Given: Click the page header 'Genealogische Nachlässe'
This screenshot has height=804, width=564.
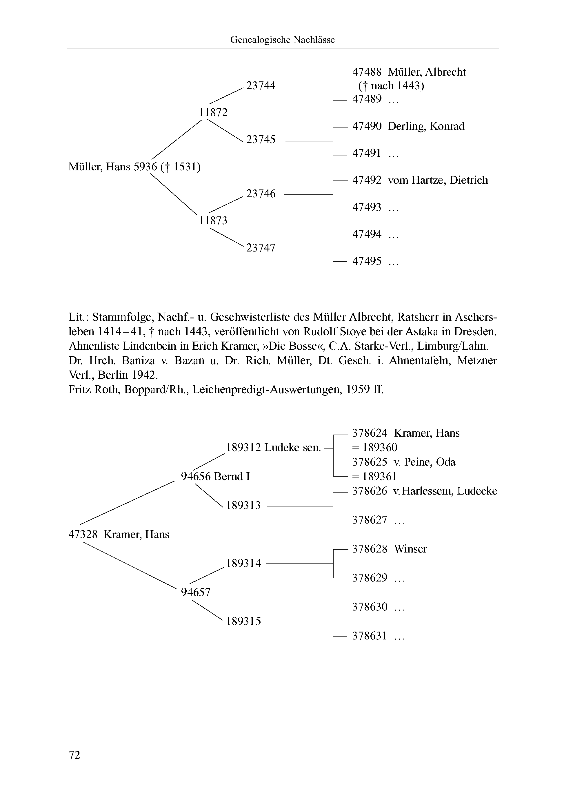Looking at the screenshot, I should (x=282, y=40).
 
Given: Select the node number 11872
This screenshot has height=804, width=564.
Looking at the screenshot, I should (x=213, y=112).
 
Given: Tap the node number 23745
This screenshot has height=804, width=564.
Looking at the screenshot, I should (x=261, y=140).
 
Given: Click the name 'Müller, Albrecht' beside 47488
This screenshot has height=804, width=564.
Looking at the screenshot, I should (x=427, y=72).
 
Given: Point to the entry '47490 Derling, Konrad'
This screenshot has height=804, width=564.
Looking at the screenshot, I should (x=408, y=126).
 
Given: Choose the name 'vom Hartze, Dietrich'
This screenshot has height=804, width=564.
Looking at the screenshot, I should (x=438, y=180).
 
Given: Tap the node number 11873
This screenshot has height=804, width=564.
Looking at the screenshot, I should (x=213, y=220).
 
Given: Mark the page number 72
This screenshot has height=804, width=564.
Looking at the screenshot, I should (x=74, y=755).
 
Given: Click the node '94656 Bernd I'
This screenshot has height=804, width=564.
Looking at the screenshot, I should (x=215, y=476).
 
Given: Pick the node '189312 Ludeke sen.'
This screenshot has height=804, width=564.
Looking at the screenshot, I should (x=273, y=448).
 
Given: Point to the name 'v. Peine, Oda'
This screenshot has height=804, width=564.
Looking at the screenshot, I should (x=424, y=462).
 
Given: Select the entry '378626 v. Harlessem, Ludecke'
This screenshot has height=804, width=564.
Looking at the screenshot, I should (x=424, y=491).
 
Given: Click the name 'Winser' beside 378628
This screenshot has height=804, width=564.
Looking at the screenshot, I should (x=410, y=549).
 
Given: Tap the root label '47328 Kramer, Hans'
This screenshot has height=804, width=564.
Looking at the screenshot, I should (x=119, y=534).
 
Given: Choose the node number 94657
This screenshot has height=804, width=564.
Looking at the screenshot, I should (x=195, y=592).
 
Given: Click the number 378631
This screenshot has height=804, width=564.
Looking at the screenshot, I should (x=369, y=636).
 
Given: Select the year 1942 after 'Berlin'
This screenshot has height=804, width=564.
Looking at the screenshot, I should (x=145, y=375).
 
